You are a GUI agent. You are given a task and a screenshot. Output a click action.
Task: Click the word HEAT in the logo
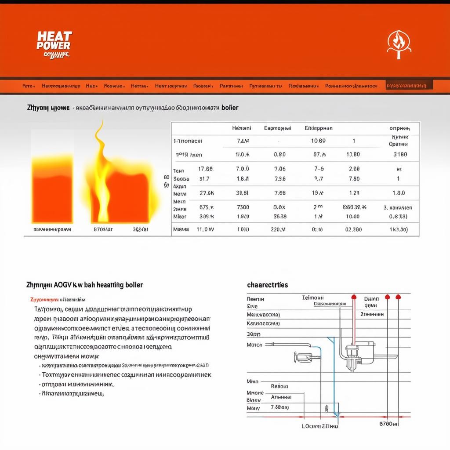click(x=54, y=37)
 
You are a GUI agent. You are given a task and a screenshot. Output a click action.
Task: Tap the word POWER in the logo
click(x=54, y=45)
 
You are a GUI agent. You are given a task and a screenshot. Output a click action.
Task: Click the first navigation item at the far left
click(x=28, y=86)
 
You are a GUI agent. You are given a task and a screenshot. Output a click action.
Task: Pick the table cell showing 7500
click(x=243, y=207)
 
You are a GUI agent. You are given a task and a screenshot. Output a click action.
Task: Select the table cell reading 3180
click(x=399, y=154)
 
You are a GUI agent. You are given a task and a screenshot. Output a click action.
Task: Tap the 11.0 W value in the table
click(x=205, y=229)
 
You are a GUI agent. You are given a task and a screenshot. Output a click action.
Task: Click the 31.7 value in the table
click(x=204, y=179)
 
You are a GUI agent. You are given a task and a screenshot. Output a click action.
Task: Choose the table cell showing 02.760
click(x=353, y=229)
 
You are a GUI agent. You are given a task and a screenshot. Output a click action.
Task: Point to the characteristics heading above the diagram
click(x=268, y=285)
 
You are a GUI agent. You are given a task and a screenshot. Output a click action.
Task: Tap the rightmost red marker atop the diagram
click(x=398, y=297)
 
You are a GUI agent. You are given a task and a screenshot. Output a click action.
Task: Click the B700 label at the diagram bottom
click(x=388, y=425)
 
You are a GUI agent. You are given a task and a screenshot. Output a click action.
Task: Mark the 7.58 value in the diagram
click(x=279, y=407)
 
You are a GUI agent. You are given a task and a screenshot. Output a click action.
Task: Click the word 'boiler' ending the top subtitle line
click(x=230, y=107)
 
